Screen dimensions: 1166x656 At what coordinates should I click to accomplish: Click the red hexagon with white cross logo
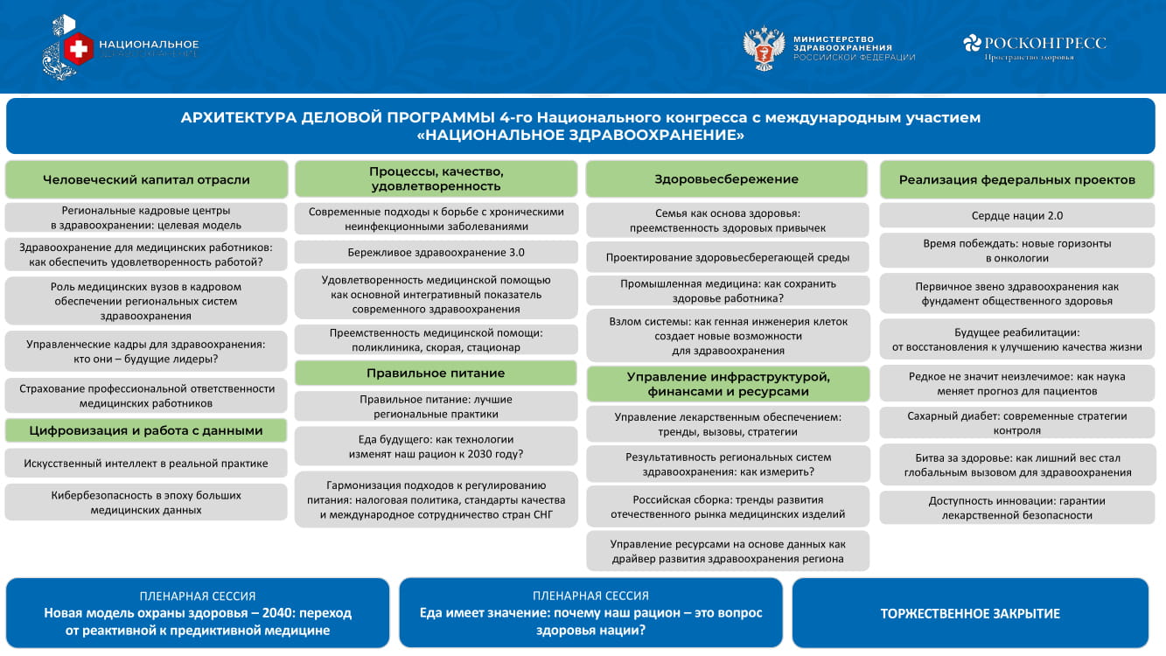pos(79,49)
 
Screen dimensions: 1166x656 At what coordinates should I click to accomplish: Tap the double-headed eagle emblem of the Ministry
pos(764,49)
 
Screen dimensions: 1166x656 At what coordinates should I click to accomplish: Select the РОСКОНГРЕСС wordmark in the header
pos(1044,43)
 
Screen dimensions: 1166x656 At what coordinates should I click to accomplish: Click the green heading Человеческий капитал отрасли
pos(146,179)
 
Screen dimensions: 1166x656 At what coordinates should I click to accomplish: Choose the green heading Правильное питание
pos(436,373)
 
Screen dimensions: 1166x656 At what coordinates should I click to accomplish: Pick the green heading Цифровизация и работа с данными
pos(146,430)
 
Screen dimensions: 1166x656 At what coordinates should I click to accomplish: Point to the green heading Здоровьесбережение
pos(727,179)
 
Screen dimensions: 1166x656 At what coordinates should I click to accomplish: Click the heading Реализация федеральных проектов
pos(1017,179)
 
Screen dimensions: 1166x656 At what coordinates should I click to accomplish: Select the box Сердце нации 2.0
pos(1017,215)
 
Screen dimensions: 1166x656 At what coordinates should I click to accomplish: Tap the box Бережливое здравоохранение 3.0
pos(436,253)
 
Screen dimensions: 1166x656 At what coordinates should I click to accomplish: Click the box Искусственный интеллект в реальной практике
pos(146,464)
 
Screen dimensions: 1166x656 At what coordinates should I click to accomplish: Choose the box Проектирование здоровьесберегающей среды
pos(728,257)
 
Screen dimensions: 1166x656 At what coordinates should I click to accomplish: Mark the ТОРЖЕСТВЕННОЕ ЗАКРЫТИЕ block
pos(970,613)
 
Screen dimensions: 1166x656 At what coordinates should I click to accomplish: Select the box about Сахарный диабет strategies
pos(1017,422)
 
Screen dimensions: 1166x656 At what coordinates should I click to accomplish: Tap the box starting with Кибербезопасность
pos(146,502)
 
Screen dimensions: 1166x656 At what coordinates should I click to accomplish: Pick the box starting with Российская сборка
pos(728,506)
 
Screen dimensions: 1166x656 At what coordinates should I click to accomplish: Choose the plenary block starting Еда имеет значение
pos(590,613)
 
